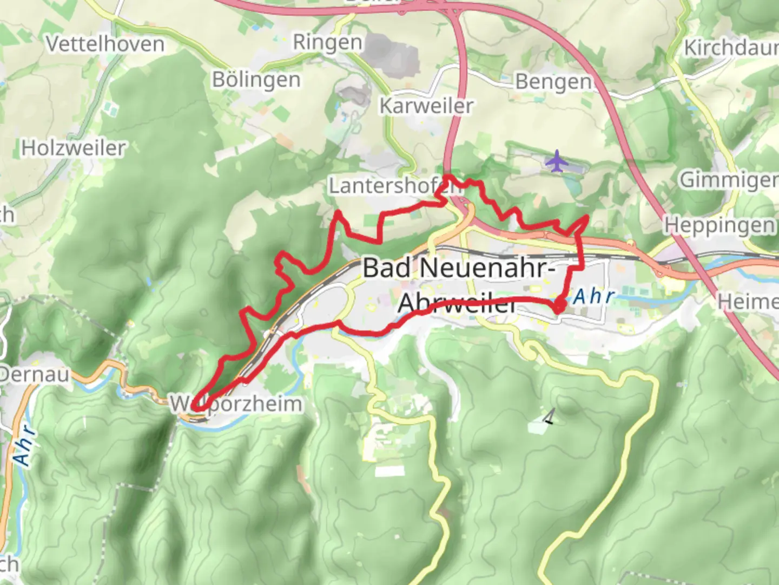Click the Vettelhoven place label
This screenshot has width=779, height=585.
tap(105, 44)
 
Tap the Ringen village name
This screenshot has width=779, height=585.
tap(327, 42)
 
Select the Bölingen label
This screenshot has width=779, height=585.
tap(256, 80)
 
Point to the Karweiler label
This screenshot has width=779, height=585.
tap(426, 106)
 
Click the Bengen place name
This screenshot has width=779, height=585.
tap(553, 82)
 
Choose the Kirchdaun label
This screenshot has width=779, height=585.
tap(730, 48)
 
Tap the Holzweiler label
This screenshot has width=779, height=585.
tap(73, 148)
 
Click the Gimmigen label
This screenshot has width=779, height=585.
tap(728, 179)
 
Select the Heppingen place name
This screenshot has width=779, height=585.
tap(719, 225)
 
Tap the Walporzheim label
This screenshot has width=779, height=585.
tap(236, 404)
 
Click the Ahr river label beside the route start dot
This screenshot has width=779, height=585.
tap(594, 296)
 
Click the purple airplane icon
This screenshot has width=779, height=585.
tap(556, 161)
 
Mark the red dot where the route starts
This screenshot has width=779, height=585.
tap(559, 307)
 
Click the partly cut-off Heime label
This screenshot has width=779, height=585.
tap(748, 302)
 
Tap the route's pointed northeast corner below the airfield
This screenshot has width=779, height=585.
tap(587, 217)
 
